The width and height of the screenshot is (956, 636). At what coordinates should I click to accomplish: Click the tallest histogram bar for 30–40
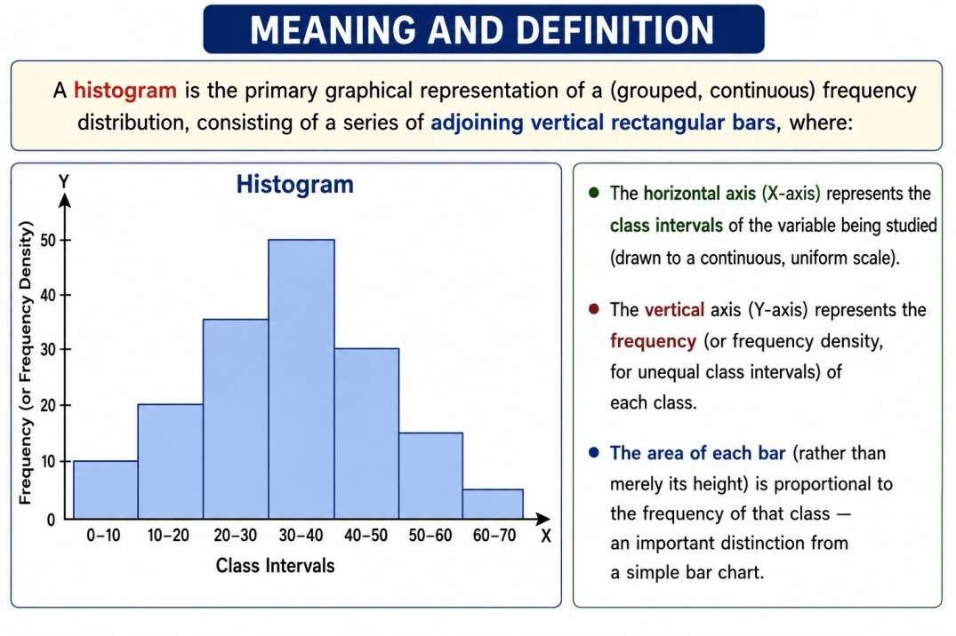(301, 379)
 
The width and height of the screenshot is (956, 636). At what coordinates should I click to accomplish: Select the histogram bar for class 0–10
(106, 489)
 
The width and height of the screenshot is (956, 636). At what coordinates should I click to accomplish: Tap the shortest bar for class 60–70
(493, 504)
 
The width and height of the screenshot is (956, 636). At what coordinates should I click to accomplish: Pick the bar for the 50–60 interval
(430, 476)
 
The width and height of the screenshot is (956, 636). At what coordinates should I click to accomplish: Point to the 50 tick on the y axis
(48, 241)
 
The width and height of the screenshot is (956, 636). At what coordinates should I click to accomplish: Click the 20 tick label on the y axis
(48, 406)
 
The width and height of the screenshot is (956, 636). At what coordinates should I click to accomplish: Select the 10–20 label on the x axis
(168, 536)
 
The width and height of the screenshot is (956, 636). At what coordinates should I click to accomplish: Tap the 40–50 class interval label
(366, 536)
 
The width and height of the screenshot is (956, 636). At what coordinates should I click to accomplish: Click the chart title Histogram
(295, 185)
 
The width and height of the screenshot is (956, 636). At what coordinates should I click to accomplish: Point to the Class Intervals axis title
(275, 565)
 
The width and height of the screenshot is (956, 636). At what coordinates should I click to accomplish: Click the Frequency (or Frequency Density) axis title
(25, 363)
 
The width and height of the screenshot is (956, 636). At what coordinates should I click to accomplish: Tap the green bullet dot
(594, 193)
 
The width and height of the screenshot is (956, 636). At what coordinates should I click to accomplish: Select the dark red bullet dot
(594, 309)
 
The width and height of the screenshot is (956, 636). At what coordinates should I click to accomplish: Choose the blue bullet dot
(594, 453)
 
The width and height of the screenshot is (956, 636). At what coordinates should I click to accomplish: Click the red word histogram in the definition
(125, 91)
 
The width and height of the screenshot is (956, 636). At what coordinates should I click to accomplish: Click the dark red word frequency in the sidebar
(653, 341)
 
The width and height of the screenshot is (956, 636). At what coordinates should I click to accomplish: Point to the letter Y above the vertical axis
(63, 181)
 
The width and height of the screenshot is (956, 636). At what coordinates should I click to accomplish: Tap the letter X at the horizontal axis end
(546, 537)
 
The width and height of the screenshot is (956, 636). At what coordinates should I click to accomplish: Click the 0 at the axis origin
(52, 520)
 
